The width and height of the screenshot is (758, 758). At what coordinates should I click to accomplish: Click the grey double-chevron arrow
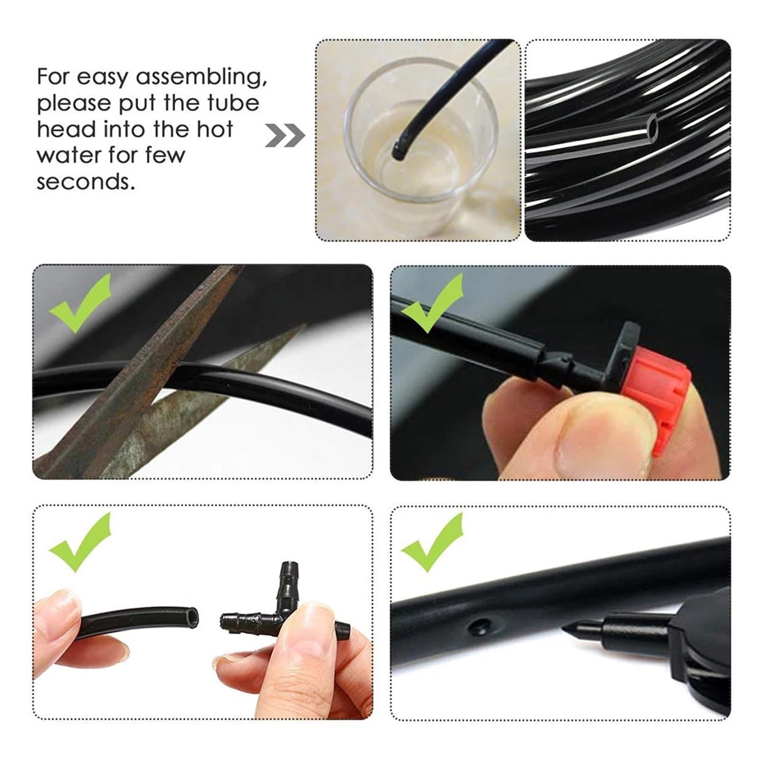point(285,135)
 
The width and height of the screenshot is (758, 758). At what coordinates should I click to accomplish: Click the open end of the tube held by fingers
point(190,618)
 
